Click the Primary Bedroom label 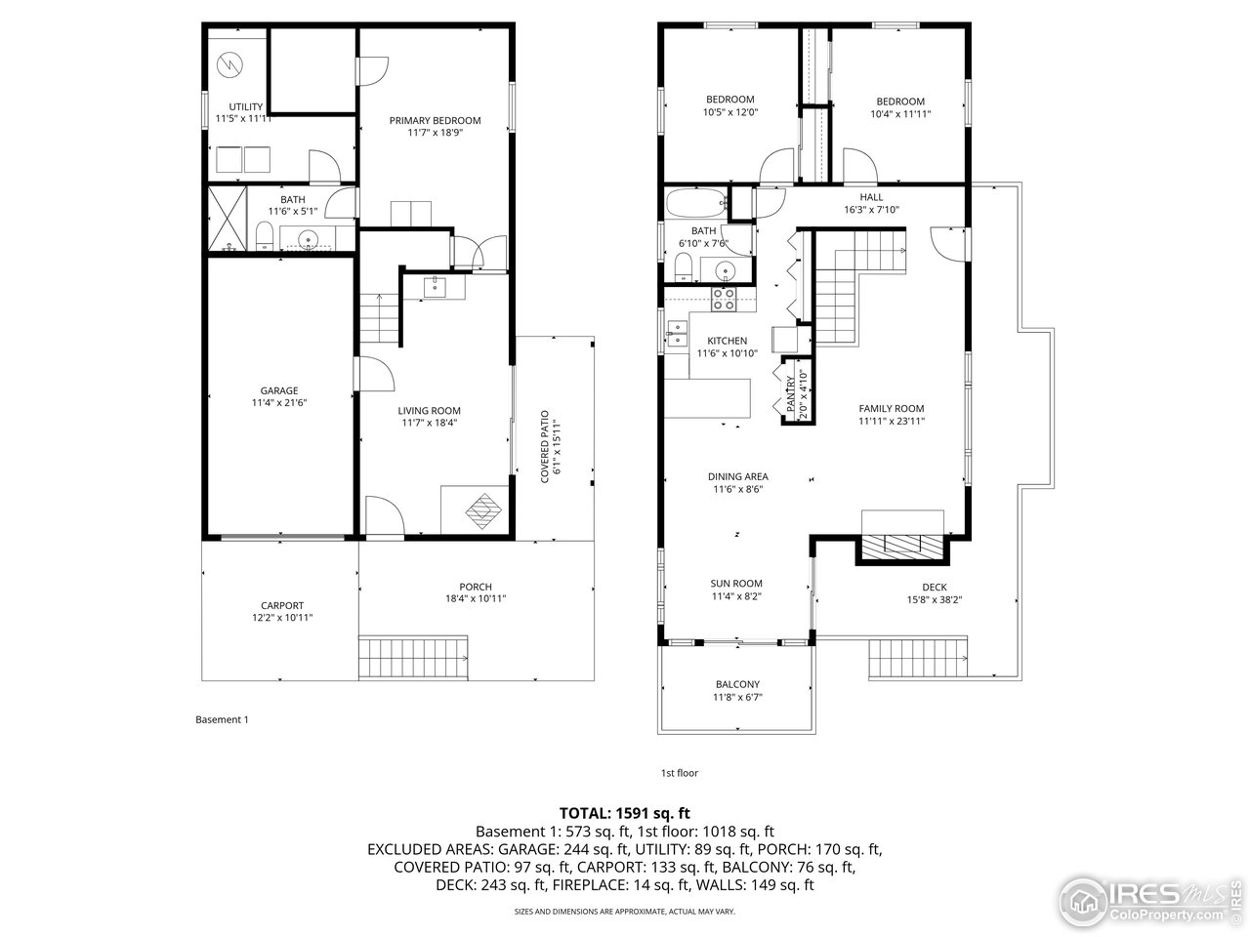click(x=435, y=121)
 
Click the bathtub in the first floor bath click(x=696, y=204)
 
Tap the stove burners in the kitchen click(x=724, y=299)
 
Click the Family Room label click(x=891, y=409)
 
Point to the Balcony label click(x=736, y=684)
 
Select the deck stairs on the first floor click(x=917, y=658)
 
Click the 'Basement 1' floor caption click(x=223, y=719)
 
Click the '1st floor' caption click(x=680, y=773)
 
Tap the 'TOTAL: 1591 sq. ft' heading click(x=625, y=812)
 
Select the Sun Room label click(x=736, y=584)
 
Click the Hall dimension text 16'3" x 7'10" click(x=870, y=210)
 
